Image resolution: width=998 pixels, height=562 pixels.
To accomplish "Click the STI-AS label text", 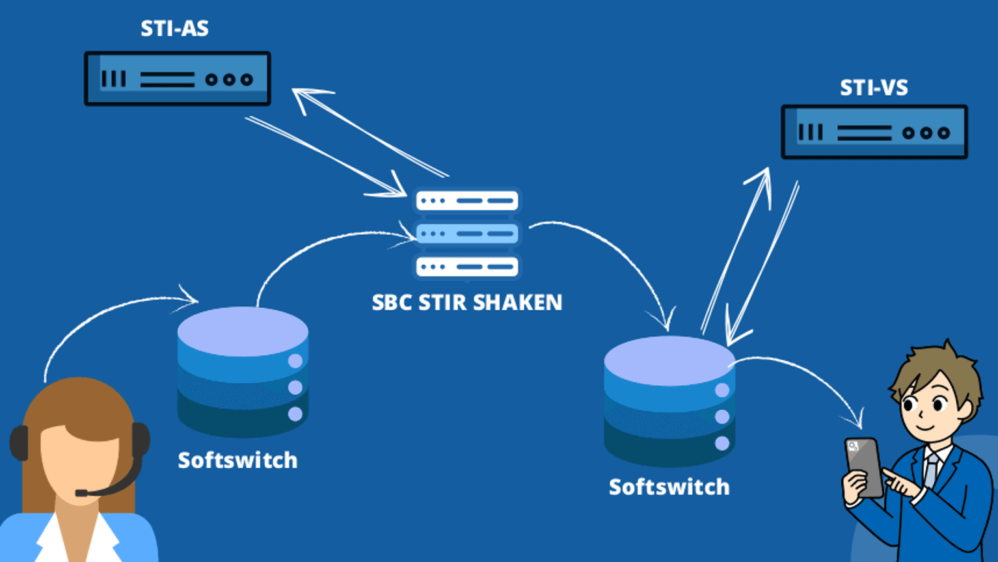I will [x=174, y=29].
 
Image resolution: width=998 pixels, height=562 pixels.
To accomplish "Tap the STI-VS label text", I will [x=873, y=88].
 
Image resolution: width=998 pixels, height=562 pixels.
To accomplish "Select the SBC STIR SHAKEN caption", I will [x=466, y=302].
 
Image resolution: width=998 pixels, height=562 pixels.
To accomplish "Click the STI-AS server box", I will [x=177, y=79].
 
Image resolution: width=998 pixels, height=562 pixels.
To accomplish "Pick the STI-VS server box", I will [x=874, y=132].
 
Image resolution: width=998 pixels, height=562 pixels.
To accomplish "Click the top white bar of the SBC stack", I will [x=467, y=200].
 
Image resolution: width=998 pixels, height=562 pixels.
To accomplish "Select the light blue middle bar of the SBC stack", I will [x=467, y=233].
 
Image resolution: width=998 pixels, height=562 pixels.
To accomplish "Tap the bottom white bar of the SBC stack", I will [x=467, y=266].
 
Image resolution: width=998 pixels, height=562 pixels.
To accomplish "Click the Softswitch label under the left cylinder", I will [x=237, y=461].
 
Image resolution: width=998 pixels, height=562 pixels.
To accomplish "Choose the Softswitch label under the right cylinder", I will [x=669, y=487].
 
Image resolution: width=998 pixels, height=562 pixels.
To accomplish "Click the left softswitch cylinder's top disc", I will [x=243, y=331].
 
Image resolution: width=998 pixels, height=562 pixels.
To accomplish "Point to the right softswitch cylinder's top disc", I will [x=669, y=360].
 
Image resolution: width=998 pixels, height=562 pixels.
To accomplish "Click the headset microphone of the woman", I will [x=82, y=493].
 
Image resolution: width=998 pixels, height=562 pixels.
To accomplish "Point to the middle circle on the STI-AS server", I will [x=228, y=79].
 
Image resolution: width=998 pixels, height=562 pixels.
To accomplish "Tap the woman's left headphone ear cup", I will [x=18, y=442].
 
